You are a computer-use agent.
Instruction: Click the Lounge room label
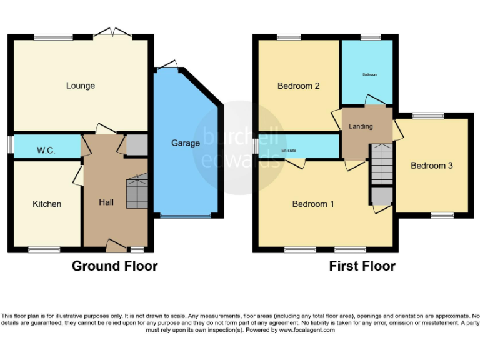pyautogui.click(x=81, y=86)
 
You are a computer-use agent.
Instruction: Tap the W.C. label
pyautogui.click(x=46, y=150)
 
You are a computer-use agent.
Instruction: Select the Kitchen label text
pyautogui.click(x=47, y=204)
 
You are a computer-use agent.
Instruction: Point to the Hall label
pyautogui.click(x=106, y=202)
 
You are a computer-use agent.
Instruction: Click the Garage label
pyautogui.click(x=186, y=143)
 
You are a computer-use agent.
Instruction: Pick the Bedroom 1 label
pyautogui.click(x=314, y=204)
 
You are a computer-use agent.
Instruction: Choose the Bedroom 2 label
pyautogui.click(x=299, y=86)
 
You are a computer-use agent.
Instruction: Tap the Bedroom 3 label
pyautogui.click(x=431, y=166)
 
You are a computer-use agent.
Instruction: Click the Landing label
pyautogui.click(x=361, y=126)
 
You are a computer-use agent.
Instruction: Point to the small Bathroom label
pyautogui.click(x=369, y=74)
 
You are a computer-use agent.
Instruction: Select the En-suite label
pyautogui.click(x=288, y=151)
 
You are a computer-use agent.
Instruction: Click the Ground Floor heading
pyautogui.click(x=114, y=266)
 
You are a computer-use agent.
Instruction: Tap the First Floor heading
pyautogui.click(x=362, y=266)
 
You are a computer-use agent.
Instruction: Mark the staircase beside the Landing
pyautogui.click(x=381, y=164)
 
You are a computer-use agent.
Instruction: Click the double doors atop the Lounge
pyautogui.click(x=113, y=32)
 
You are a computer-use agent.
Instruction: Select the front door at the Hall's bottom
pyautogui.click(x=116, y=245)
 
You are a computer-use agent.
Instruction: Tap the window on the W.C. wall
pyautogui.click(x=11, y=144)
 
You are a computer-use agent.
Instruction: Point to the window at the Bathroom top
pyautogui.click(x=371, y=36)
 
